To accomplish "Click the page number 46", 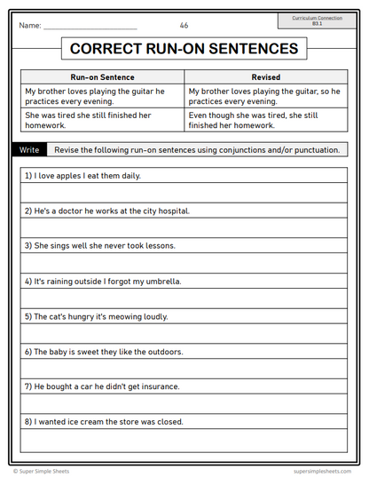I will point(184,26).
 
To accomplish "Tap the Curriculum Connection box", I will point(322,20).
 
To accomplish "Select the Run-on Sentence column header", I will point(102,77).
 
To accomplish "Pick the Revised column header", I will point(265,77).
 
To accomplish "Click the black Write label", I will point(29,150).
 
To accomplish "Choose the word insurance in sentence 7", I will point(161,386).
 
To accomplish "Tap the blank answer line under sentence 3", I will point(184,264).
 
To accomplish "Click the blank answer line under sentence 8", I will point(184,440).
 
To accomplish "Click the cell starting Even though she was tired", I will point(265,120).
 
